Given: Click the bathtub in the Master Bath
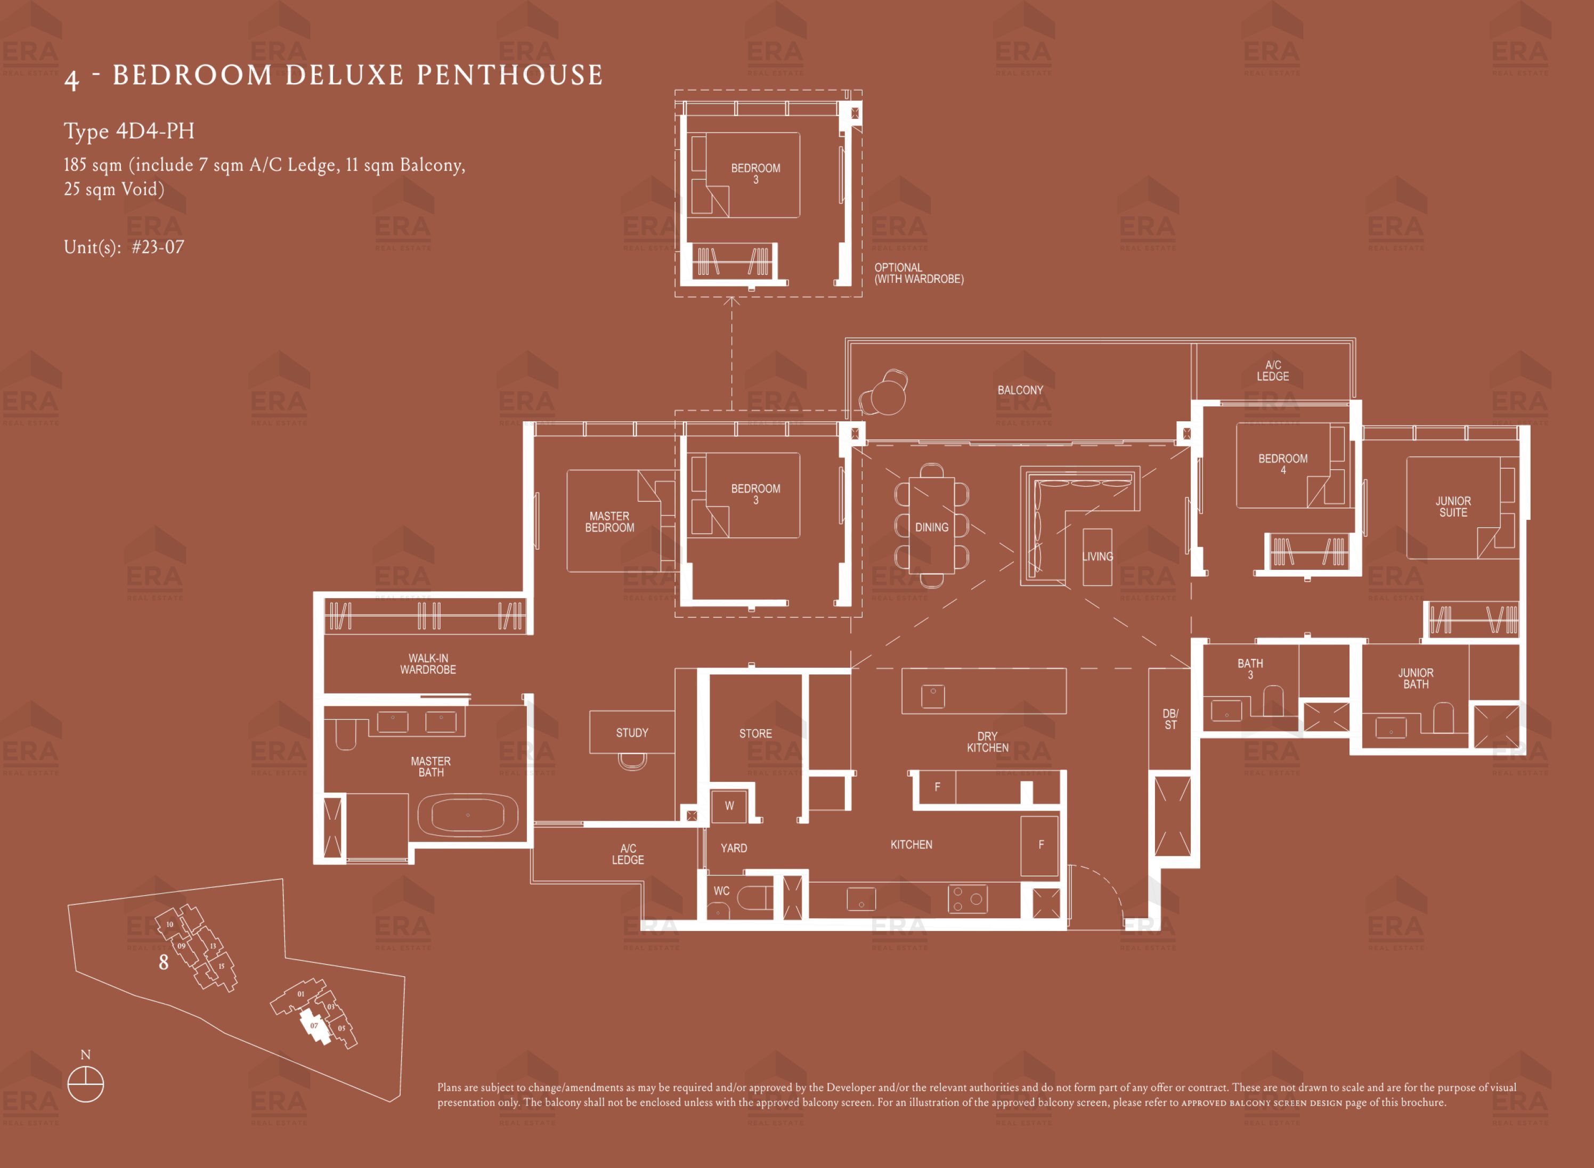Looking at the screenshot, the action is click(467, 815).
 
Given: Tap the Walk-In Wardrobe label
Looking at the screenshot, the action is click(428, 664).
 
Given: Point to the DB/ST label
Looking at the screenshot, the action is click(1170, 719).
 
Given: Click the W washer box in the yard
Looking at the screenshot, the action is click(729, 806).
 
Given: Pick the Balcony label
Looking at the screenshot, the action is click(1020, 390).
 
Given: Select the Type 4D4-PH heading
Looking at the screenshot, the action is click(129, 131).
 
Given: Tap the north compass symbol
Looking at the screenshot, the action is click(86, 1084).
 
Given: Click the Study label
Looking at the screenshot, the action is click(631, 732).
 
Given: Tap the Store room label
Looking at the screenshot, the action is click(755, 733).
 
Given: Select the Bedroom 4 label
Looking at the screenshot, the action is click(1283, 464).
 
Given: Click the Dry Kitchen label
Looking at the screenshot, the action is click(987, 742).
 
